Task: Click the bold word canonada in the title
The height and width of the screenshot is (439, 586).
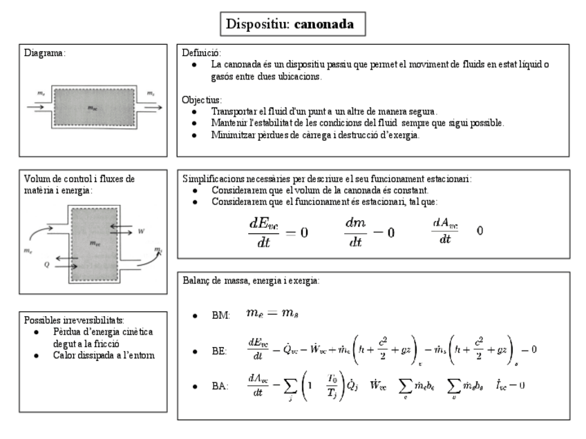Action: pyautogui.click(x=324, y=25)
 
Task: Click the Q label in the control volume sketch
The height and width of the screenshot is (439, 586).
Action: pyautogui.click(x=47, y=262)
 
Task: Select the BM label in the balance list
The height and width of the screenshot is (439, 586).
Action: pyautogui.click(x=220, y=315)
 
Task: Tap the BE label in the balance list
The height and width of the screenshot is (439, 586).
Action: pyautogui.click(x=219, y=351)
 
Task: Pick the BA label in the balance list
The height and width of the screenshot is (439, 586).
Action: pyautogui.click(x=220, y=385)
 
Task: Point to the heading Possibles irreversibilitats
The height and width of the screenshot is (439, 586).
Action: pyautogui.click(x=74, y=320)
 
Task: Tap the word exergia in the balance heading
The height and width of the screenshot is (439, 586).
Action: pyautogui.click(x=303, y=281)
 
